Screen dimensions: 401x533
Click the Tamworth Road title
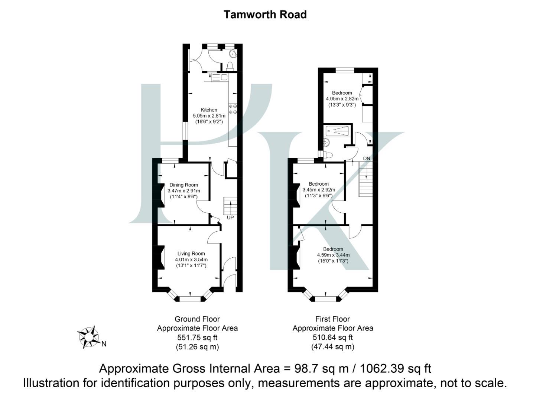point(265,14)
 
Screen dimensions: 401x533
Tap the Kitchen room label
point(209,110)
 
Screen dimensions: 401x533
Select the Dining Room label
point(183,185)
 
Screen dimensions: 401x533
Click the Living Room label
point(191,254)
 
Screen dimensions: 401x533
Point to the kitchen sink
point(220,78)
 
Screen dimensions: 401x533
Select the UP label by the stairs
point(230,218)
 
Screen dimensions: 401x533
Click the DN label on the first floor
point(367,159)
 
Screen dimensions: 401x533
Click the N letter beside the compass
point(104,344)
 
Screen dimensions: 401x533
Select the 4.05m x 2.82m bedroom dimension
point(342,99)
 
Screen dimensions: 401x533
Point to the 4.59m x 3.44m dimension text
point(333,255)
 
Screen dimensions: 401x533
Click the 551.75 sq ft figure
point(197,338)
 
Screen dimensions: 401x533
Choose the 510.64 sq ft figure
point(332,338)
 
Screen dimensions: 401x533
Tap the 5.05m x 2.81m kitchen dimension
point(209,116)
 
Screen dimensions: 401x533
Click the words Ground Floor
point(197,319)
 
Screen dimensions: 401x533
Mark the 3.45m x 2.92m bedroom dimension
point(319,190)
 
